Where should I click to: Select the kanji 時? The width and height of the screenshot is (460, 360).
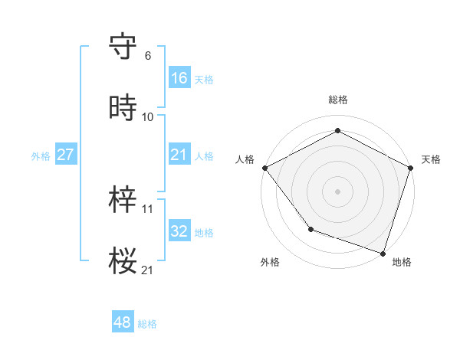pos(123,108)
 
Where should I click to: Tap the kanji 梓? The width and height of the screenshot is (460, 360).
pos(123,200)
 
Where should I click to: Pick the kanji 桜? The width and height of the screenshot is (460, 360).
pos(123,261)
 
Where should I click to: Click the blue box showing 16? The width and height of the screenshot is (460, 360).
pos(179,77)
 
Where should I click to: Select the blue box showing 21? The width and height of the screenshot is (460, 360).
pos(179,155)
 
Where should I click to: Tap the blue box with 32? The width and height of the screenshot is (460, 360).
pos(179,231)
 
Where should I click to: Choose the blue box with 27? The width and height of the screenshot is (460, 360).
pos(65,155)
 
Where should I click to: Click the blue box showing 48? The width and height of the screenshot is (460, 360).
pos(123,322)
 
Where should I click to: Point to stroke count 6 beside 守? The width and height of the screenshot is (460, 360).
pos(148,56)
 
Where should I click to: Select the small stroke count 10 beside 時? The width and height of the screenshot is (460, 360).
pos(148,117)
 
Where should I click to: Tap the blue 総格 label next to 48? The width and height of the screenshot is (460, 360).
pos(147,324)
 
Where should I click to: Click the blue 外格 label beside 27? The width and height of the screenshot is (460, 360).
pos(41,155)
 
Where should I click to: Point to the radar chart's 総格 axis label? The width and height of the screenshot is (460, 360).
pos(338,100)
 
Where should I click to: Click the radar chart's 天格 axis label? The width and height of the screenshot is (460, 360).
pos(431,159)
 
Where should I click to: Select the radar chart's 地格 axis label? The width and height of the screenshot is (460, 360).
pos(402,262)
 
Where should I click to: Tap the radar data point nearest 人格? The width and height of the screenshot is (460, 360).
pos(264,167)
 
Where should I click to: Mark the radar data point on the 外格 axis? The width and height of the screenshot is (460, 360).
pos(310,228)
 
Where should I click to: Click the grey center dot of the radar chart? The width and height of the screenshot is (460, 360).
pos(338,191)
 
